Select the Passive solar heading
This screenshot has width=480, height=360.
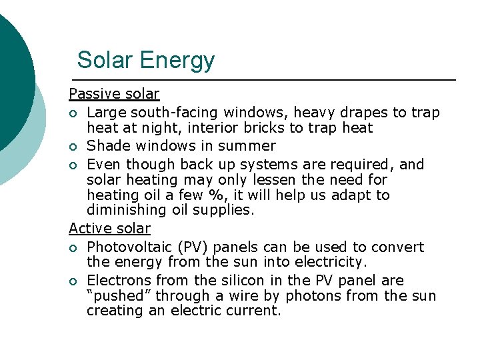pos(114,94)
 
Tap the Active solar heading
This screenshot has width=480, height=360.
pos(109,228)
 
